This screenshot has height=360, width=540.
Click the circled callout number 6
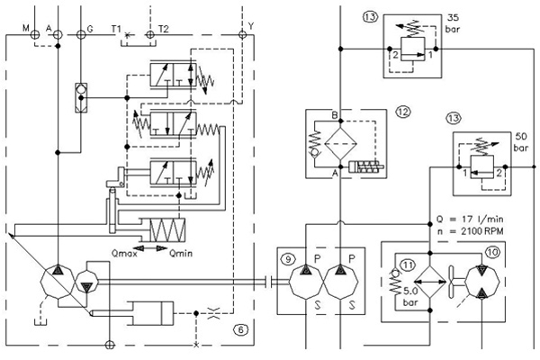[240, 330]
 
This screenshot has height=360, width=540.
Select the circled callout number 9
[288, 258]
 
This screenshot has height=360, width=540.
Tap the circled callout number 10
[492, 253]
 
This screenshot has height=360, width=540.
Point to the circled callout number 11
[408, 265]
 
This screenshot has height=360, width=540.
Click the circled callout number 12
[403, 112]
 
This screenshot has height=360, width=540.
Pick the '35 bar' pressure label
[453, 23]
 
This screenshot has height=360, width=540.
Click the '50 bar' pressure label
[521, 142]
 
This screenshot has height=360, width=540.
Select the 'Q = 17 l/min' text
[470, 219]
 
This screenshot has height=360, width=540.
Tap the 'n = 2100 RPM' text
[471, 230]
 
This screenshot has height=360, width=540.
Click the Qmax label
[124, 254]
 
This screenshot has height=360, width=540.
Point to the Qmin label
[181, 254]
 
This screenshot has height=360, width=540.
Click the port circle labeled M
[35, 34]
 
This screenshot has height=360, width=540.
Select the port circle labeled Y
[242, 34]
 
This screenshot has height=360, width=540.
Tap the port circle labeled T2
[149, 34]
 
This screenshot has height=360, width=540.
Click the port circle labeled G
[81, 34]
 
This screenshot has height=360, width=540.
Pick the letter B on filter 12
[335, 115]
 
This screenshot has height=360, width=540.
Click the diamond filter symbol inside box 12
[341, 144]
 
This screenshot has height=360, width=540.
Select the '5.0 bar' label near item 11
[410, 297]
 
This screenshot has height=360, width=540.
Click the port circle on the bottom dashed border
[110, 345]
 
